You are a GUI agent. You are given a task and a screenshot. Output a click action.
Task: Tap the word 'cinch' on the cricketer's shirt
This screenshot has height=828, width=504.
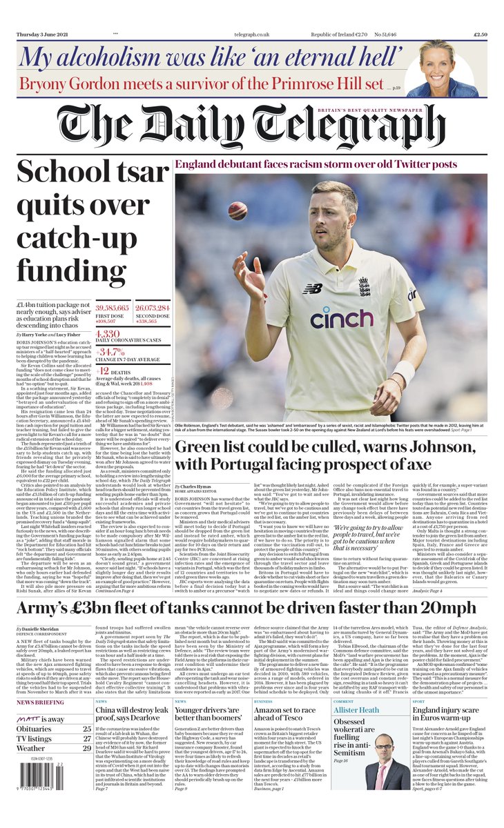tap(341, 318)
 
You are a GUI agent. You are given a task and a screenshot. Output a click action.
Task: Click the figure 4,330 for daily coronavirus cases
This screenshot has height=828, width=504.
tap(108, 332)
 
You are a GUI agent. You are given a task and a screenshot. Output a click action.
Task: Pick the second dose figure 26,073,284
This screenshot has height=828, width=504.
tap(152, 307)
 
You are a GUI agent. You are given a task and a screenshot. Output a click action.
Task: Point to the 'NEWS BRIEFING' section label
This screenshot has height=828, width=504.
tap(41, 701)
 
